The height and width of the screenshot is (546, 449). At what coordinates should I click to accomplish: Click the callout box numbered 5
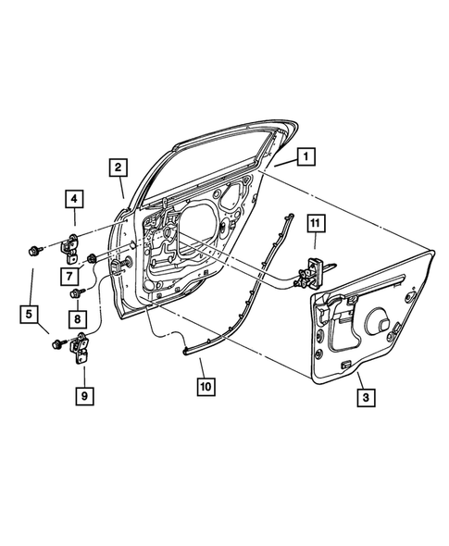tap(30, 316)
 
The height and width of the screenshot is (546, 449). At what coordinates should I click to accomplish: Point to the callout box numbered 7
tap(70, 276)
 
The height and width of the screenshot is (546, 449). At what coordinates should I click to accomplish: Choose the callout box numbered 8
tap(72, 319)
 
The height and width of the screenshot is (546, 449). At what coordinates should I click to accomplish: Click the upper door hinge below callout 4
tap(73, 248)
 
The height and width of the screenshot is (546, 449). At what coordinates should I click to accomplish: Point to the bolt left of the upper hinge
tap(35, 248)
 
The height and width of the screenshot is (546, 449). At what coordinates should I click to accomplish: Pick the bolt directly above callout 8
tap(76, 294)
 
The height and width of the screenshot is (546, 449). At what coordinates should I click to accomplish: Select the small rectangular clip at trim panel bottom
tap(346, 366)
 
